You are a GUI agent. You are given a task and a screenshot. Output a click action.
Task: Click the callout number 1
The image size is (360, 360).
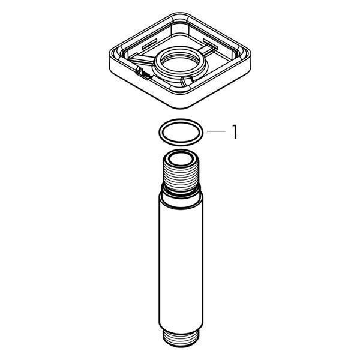click(235, 132)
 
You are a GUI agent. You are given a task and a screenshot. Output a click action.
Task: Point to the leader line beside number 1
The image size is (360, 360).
click(216, 131)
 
